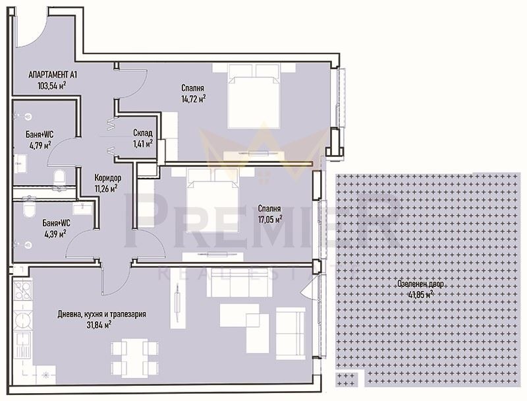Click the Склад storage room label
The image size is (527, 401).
(142, 132)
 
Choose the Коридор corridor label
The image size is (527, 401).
(107, 178)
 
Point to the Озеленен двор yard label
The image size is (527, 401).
(420, 285)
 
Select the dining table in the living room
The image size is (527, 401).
(136, 359)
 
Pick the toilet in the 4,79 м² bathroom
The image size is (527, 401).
(59, 175)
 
